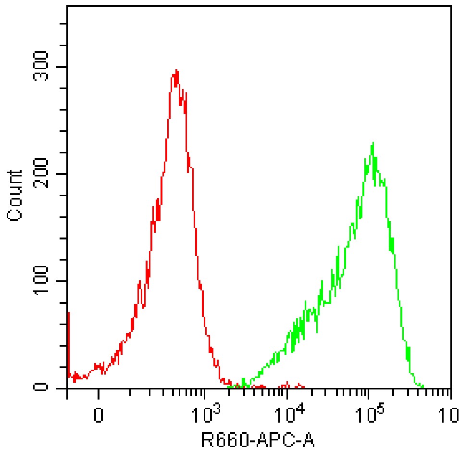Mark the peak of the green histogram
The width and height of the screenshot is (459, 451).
[x=372, y=143]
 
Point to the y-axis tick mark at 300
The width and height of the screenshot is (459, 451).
[x=63, y=67]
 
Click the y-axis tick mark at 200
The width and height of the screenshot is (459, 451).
[x=63, y=174]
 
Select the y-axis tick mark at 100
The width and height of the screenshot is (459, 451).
[x=63, y=281]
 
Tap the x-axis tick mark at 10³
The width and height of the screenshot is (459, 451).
[x=205, y=394]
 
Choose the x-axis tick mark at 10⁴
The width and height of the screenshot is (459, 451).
[x=287, y=394]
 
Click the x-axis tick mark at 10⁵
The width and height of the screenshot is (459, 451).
[x=369, y=394]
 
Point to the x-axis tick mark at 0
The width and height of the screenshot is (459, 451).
[x=99, y=394]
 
